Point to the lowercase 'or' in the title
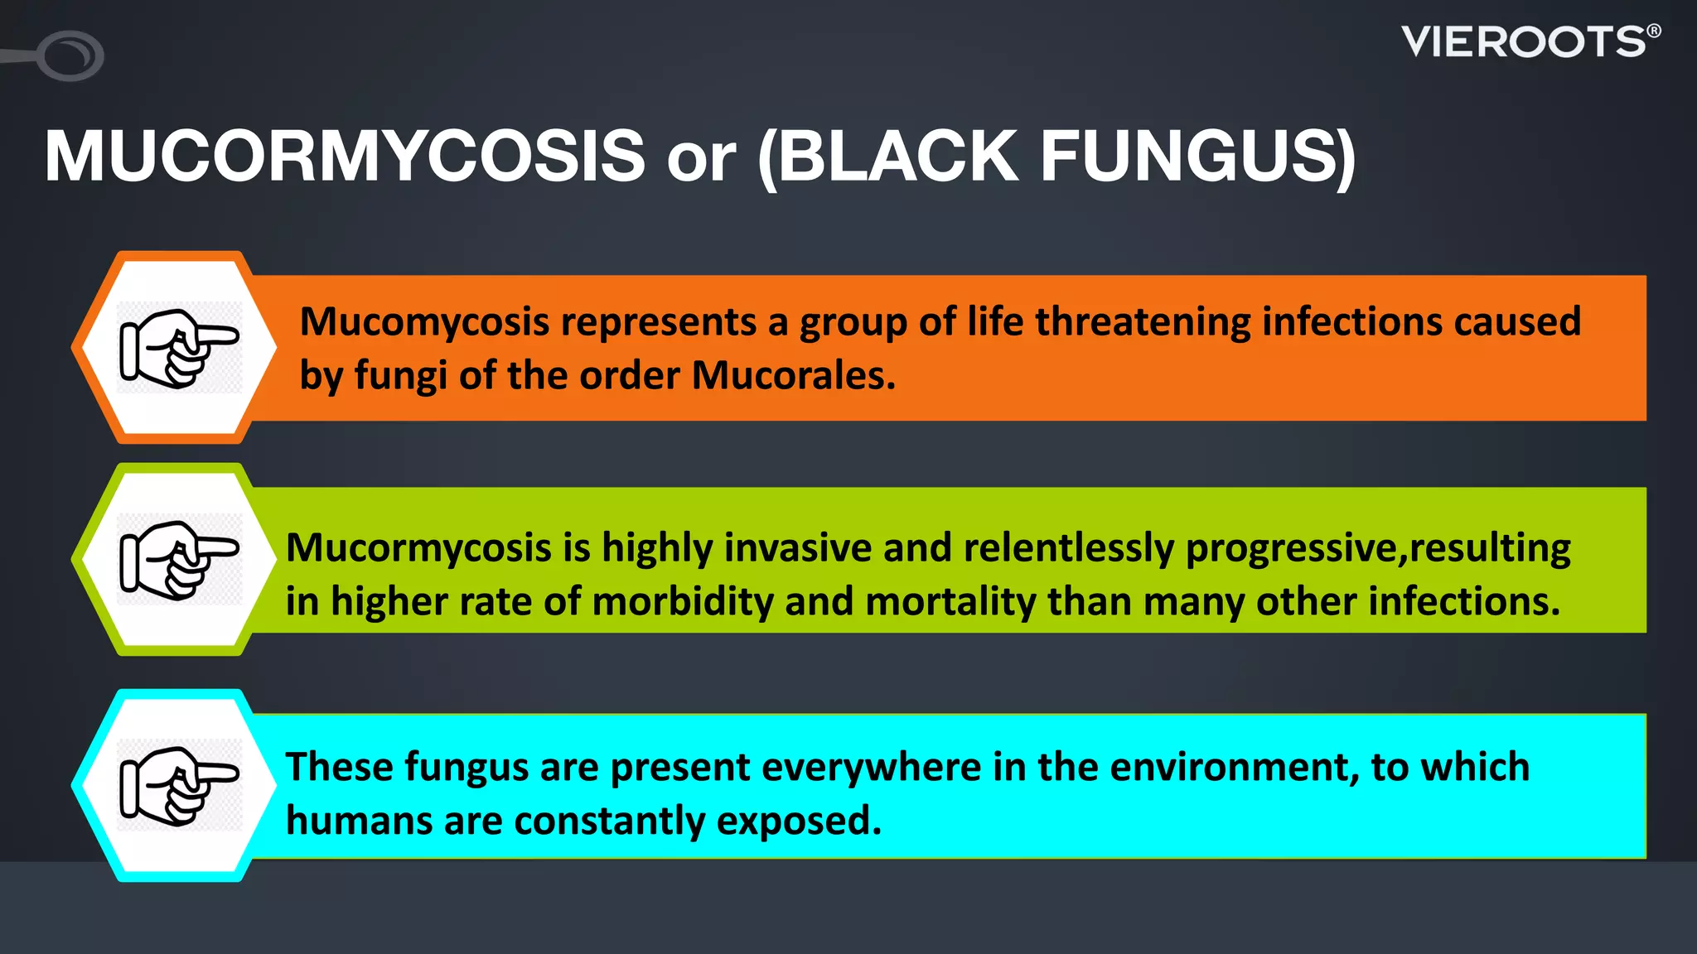point(701,159)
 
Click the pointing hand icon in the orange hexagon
point(179,348)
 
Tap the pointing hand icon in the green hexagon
point(179,560)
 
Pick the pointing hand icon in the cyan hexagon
point(179,785)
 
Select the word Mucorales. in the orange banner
point(794,376)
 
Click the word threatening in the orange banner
point(1143,321)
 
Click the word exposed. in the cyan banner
point(799,821)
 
